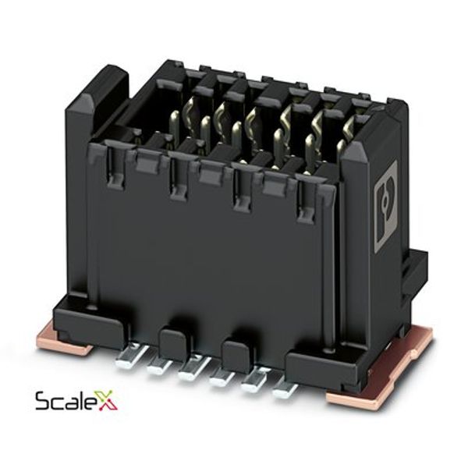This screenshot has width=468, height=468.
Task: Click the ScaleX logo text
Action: tap(76, 400)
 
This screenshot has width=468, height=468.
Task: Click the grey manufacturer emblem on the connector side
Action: tap(386, 206)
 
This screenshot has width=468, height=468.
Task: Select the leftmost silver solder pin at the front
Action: tap(131, 355)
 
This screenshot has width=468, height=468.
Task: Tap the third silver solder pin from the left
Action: tap(193, 368)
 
